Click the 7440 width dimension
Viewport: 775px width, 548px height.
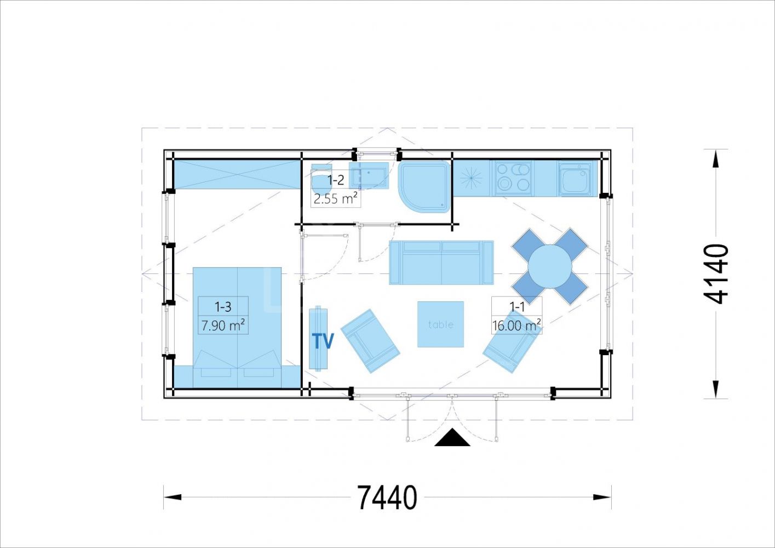pos(387,498)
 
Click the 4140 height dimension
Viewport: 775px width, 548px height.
pos(716,274)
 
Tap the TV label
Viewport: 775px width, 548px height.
pos(323,341)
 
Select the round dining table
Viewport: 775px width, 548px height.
pos(550,266)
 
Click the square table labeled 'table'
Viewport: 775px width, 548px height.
pos(440,324)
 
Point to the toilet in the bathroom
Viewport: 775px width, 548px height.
pos(322,179)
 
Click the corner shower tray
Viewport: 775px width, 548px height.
pos(425,186)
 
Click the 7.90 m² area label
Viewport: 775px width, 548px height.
pos(223,326)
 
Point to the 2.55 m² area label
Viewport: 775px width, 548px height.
pos(335,199)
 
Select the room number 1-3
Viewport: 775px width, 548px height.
pos(223,306)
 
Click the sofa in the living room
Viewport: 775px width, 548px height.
pos(441,262)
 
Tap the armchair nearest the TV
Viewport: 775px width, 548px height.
pos(370,341)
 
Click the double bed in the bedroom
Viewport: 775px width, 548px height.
pos(237,328)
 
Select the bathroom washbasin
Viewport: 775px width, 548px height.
pos(369,175)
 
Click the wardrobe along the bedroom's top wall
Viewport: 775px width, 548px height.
pos(237,174)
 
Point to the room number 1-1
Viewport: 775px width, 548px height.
pos(517,307)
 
